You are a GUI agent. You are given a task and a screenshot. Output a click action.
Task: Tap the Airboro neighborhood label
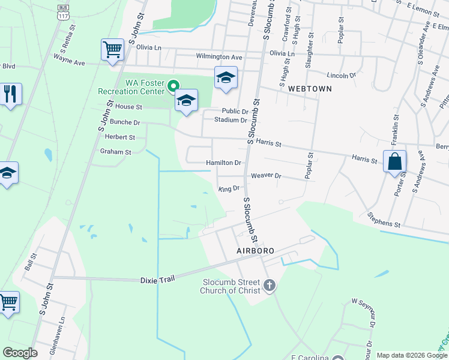(255, 250)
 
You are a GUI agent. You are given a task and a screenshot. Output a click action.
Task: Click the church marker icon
(270, 285)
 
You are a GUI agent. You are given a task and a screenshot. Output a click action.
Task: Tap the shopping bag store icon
(394, 161)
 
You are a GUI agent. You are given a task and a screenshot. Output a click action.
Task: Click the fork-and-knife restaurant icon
(10, 94)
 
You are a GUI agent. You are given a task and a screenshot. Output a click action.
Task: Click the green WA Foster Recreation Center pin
(173, 86)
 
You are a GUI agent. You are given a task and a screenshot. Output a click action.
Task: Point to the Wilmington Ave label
(219, 57)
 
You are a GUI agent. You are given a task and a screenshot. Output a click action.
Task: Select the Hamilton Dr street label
(223, 163)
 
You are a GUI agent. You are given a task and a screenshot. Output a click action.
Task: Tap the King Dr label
(229, 189)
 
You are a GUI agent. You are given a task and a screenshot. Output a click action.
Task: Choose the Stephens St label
(384, 219)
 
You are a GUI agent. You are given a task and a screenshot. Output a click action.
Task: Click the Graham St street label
(115, 152)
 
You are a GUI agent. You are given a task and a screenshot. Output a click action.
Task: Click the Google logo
(20, 353)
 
